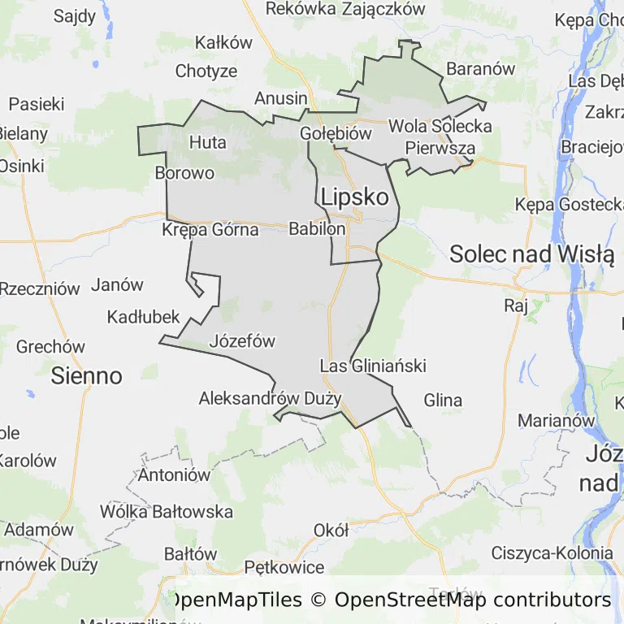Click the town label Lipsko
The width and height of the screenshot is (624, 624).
[x=354, y=197]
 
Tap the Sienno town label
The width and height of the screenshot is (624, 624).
[x=86, y=375]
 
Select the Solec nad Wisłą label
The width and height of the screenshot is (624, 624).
[x=531, y=254]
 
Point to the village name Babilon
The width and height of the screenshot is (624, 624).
[x=317, y=230]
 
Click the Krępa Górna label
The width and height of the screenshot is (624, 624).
[x=210, y=230]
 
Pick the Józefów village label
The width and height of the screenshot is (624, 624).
[x=242, y=341]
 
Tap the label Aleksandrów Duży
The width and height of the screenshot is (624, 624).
[x=270, y=398]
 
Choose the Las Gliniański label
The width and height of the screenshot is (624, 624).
[x=373, y=366]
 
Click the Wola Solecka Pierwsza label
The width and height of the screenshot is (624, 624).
[x=440, y=137]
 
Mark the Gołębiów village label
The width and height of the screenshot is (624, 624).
[x=336, y=133]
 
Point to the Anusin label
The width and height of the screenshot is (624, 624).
[x=281, y=98]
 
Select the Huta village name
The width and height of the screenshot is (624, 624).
[x=207, y=142]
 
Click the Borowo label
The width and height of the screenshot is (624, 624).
[x=184, y=173]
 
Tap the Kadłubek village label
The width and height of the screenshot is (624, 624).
[x=143, y=317]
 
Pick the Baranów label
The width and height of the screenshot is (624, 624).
[x=481, y=69]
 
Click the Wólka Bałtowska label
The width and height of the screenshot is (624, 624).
[x=166, y=512]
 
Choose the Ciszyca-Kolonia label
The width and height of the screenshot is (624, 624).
[x=552, y=553]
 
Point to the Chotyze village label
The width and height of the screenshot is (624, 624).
[x=206, y=71]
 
